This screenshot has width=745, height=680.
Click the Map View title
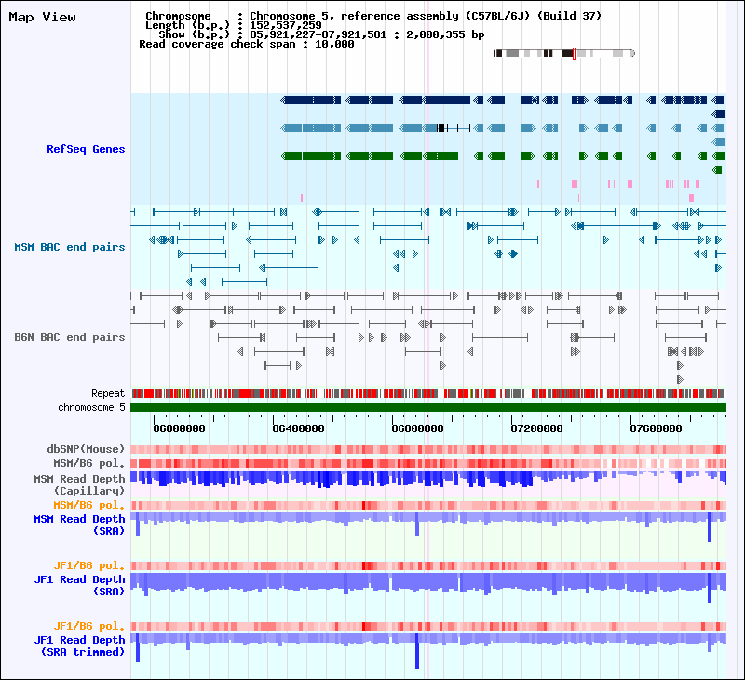pyautogui.click(x=42, y=17)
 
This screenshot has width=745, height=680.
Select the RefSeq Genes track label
pyautogui.click(x=86, y=149)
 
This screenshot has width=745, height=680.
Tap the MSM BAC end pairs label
pyautogui.click(x=69, y=247)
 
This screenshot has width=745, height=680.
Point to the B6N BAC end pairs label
pyautogui.click(x=69, y=337)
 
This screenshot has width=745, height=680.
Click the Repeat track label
pyautogui.click(x=108, y=394)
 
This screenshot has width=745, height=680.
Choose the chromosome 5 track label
pyautogui.click(x=91, y=407)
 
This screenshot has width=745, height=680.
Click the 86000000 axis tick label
pyautogui.click(x=179, y=428)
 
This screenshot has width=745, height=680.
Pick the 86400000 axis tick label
pyautogui.click(x=298, y=428)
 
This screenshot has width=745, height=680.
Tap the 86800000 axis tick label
pyautogui.click(x=417, y=428)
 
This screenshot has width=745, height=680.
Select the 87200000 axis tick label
pyautogui.click(x=536, y=428)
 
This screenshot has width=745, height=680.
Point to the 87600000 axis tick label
pyautogui.click(x=656, y=428)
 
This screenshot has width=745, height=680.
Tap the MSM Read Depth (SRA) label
pyautogui.click(x=79, y=524)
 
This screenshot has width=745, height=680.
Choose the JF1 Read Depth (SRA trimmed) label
pyautogui.click(x=79, y=646)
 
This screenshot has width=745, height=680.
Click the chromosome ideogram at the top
pyautogui.click(x=564, y=53)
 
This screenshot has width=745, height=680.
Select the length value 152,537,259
pyautogui.click(x=286, y=25)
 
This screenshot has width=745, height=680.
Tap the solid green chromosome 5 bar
pyautogui.click(x=428, y=407)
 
